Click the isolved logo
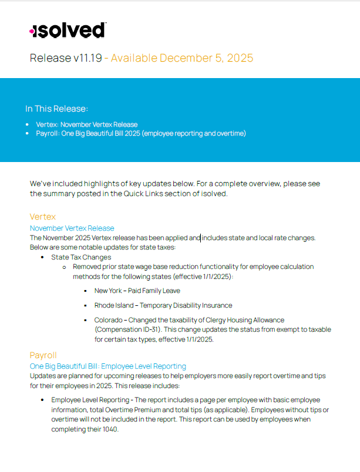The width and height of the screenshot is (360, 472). [x=68, y=31]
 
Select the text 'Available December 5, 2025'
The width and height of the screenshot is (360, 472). [x=182, y=58]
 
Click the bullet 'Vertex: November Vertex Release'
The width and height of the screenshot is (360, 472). [x=86, y=124]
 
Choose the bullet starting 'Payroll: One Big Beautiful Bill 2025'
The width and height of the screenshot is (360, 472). [x=140, y=134]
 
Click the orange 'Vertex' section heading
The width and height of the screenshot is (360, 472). [x=43, y=217]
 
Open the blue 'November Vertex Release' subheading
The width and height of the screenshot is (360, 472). [x=72, y=228]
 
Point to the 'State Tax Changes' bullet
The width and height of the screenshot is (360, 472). [x=81, y=257]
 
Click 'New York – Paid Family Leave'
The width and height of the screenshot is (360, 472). [x=137, y=291]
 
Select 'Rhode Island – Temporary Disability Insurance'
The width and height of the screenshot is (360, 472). [x=163, y=305]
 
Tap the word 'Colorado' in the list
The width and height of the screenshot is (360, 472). [x=109, y=320]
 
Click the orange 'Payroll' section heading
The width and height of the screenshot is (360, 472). [x=43, y=355]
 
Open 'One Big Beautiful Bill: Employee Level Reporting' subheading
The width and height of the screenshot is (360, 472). [x=107, y=366]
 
